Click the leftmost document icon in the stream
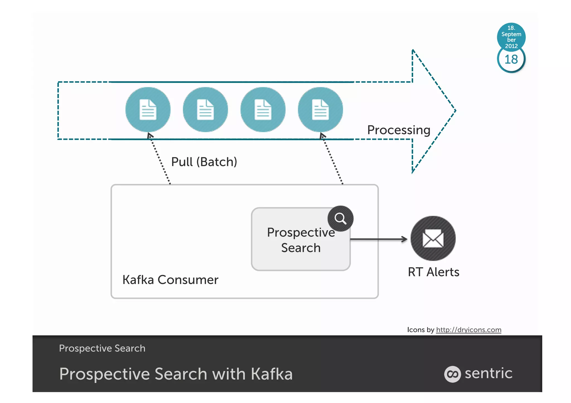pyautogui.click(x=148, y=109)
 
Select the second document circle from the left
pyautogui.click(x=205, y=109)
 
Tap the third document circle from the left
pyautogui.click(x=263, y=109)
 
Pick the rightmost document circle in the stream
pyautogui.click(x=320, y=109)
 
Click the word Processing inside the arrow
pyautogui.click(x=399, y=130)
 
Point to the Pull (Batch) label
pyautogui.click(x=204, y=162)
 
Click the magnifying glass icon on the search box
pyautogui.click(x=340, y=219)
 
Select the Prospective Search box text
pyautogui.click(x=301, y=240)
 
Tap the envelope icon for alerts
pyautogui.click(x=433, y=238)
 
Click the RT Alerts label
pyautogui.click(x=433, y=272)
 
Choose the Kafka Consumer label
pyautogui.click(x=170, y=280)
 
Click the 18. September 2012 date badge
pyautogui.click(x=511, y=37)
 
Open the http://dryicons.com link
pyautogui.click(x=468, y=330)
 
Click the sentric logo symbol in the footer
pyautogui.click(x=452, y=374)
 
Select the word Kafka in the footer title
pyautogui.click(x=272, y=374)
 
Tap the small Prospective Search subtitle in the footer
pyautogui.click(x=102, y=348)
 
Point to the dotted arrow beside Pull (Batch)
pyautogui.click(x=159, y=159)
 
